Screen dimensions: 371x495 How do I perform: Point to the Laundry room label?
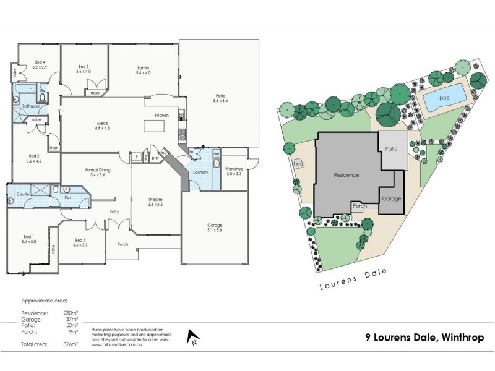[199, 172]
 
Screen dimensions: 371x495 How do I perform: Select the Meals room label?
[103, 125]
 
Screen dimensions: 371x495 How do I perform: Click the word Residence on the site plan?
[346, 175]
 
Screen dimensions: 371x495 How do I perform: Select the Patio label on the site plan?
[391, 149]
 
